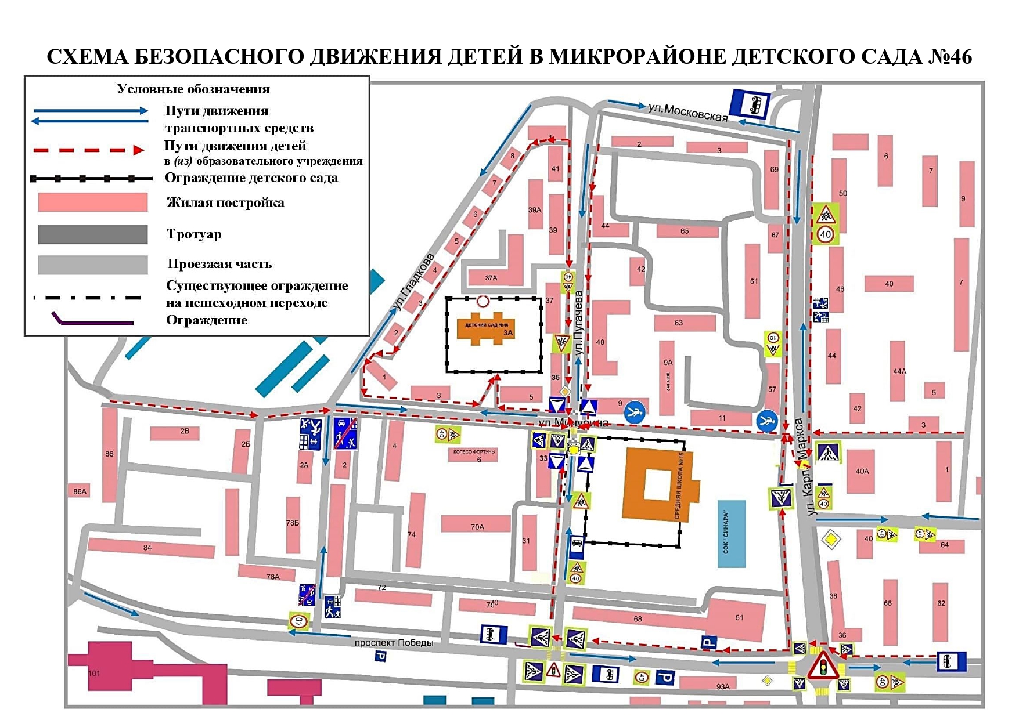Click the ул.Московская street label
pos(687,112)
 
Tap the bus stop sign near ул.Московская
pos(750,104)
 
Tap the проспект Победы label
pos(394,643)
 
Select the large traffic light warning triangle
pos(823,666)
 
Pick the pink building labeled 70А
pos(476,525)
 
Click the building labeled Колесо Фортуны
pos(474,454)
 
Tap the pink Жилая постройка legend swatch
pos(92,202)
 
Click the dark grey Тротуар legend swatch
pos(92,234)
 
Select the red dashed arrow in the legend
pos(88,150)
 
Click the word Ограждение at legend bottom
pos(206,320)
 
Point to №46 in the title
pos(949,57)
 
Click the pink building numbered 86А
pos(80,491)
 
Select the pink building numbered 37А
pos(491,277)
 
